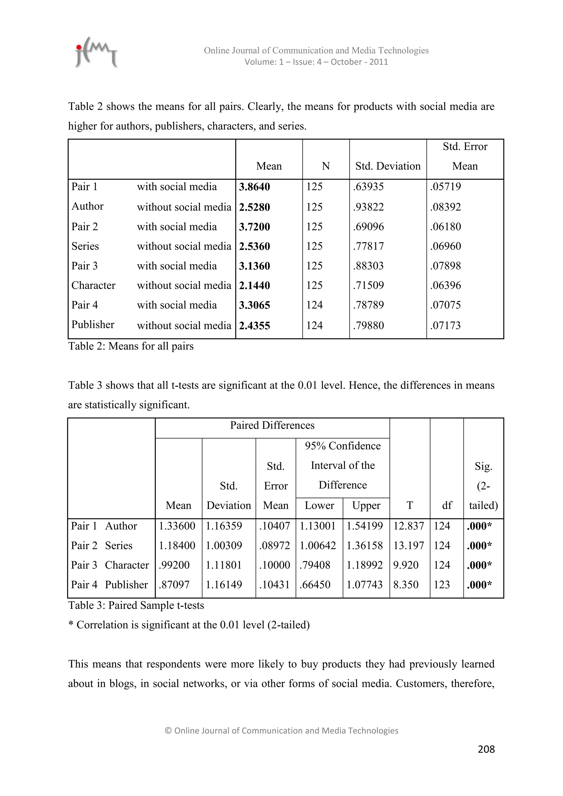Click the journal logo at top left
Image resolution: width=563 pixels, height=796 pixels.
click(x=96, y=53)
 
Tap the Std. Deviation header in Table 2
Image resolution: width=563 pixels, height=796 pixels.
click(x=388, y=166)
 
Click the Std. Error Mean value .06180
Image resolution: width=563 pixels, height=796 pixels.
click(x=445, y=227)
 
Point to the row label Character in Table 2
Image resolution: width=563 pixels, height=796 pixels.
click(x=93, y=285)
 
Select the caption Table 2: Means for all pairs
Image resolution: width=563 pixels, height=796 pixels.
click(x=131, y=346)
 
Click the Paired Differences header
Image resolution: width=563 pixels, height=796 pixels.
click(x=272, y=425)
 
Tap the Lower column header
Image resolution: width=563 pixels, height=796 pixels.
click(x=319, y=505)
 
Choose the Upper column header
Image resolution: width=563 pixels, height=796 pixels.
click(x=366, y=505)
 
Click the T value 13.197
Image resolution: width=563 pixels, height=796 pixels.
click(x=409, y=546)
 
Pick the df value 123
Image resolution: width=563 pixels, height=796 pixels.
click(x=442, y=585)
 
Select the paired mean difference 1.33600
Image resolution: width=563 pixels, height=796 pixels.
click(x=177, y=526)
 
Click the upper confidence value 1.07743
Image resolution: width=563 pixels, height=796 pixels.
click(x=364, y=585)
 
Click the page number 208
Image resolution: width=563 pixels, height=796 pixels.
click(x=486, y=749)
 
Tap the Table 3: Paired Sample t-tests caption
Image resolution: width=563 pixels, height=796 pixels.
click(x=136, y=605)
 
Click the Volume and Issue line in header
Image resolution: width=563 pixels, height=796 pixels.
click(x=316, y=62)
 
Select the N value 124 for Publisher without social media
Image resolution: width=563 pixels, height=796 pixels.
click(x=314, y=326)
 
